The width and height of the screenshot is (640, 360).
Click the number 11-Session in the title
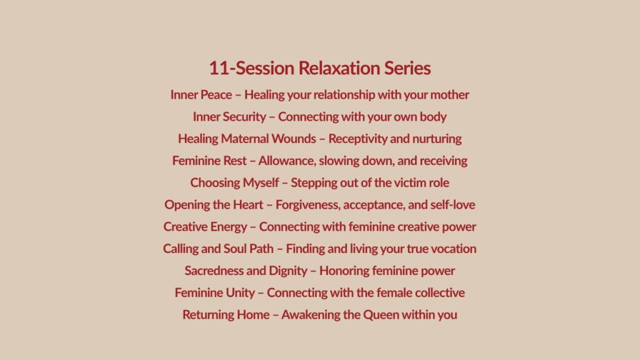[251, 68]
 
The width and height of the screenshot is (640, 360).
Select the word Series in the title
[407, 68]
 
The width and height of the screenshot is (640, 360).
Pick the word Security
[244, 117]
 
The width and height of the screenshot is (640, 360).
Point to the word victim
[409, 183]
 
